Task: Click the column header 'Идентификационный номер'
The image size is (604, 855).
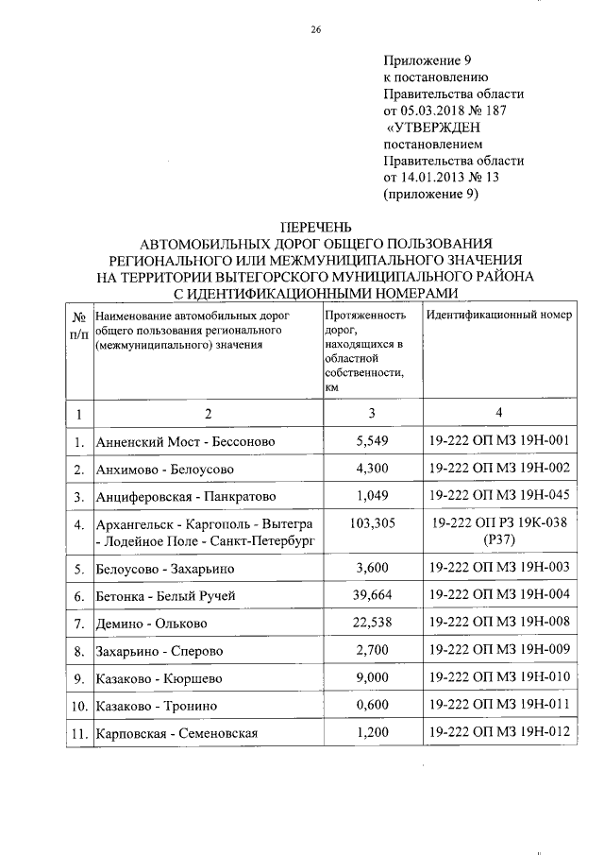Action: pos(498,315)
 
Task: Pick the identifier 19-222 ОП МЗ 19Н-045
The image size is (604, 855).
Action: pos(497,495)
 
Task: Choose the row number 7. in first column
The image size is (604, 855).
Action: pos(79,624)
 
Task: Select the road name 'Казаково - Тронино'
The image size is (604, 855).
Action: pos(158,706)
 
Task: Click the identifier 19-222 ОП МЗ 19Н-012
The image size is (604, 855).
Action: pos(497,732)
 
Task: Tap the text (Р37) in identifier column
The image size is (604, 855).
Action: pos(497,540)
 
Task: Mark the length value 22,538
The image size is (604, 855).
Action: pos(372,623)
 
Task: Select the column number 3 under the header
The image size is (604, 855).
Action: pos(372,413)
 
